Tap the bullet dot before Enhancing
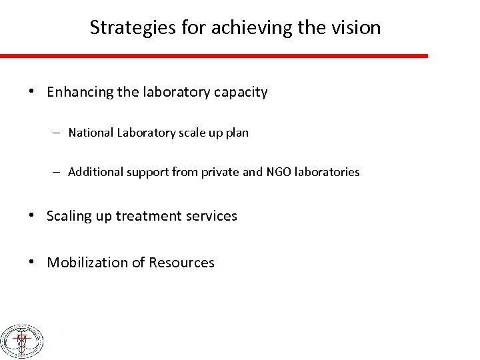pos(33,92)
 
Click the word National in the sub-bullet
pos(89,133)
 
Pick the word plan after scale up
pos(237,133)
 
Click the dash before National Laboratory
pos(59,133)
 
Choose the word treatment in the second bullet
pos(145,216)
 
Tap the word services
pos(211,216)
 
